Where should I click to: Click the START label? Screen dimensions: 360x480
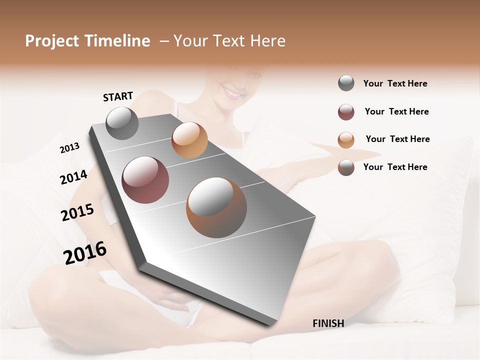(x=118, y=96)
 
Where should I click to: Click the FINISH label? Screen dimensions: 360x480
(x=328, y=323)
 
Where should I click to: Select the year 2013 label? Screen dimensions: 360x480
(x=70, y=148)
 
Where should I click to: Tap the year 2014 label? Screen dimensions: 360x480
(x=74, y=177)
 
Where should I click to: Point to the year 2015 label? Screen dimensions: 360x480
(x=77, y=212)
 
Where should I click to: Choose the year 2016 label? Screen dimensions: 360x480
(x=85, y=253)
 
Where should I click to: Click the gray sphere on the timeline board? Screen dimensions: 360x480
(x=122, y=123)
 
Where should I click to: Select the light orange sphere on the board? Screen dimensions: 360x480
(x=189, y=140)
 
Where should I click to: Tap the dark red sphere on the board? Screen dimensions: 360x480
(x=145, y=180)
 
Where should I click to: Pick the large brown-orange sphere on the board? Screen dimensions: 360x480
(x=216, y=207)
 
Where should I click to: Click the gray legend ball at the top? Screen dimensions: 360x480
(x=346, y=83)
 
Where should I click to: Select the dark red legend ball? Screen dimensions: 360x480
(x=346, y=112)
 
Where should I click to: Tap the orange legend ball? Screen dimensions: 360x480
(x=346, y=140)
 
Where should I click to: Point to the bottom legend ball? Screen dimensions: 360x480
(x=346, y=167)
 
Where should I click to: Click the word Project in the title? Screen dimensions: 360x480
(x=52, y=41)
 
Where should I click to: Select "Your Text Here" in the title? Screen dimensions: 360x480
(x=229, y=41)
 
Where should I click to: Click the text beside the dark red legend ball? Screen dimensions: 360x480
(x=396, y=111)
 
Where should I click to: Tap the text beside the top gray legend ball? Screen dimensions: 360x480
(x=395, y=83)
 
